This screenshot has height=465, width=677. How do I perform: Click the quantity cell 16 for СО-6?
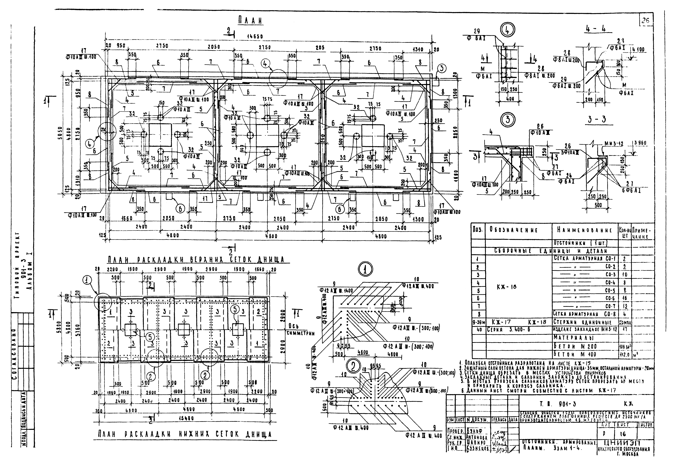pos(625,298)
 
